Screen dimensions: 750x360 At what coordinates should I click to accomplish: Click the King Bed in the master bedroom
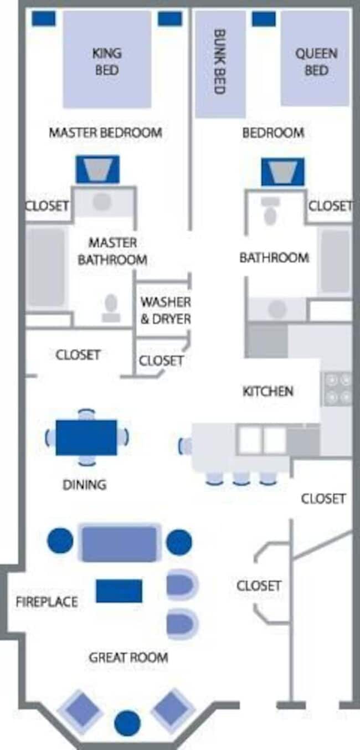click(106, 60)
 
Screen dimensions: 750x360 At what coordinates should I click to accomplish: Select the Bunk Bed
click(220, 64)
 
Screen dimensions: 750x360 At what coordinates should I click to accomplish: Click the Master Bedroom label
click(105, 133)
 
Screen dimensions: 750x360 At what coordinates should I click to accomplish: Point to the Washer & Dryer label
click(165, 311)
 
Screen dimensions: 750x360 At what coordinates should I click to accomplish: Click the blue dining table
click(86, 438)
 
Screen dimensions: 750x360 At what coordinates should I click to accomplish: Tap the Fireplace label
click(47, 602)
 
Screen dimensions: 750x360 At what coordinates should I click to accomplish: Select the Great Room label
click(128, 657)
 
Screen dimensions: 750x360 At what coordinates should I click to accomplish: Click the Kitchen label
click(268, 391)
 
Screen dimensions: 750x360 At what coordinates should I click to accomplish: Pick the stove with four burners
click(338, 388)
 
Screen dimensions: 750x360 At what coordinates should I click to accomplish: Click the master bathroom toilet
click(111, 307)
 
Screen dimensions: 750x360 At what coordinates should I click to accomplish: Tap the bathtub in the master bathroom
click(46, 267)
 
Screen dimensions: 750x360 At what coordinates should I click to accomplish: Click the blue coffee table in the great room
click(119, 591)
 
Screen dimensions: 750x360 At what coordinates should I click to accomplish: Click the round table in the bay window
click(127, 723)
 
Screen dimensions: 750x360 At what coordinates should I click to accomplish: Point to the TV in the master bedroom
click(97, 169)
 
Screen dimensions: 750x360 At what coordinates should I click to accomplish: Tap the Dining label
click(84, 485)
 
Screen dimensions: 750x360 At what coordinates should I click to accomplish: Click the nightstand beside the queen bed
click(264, 19)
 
